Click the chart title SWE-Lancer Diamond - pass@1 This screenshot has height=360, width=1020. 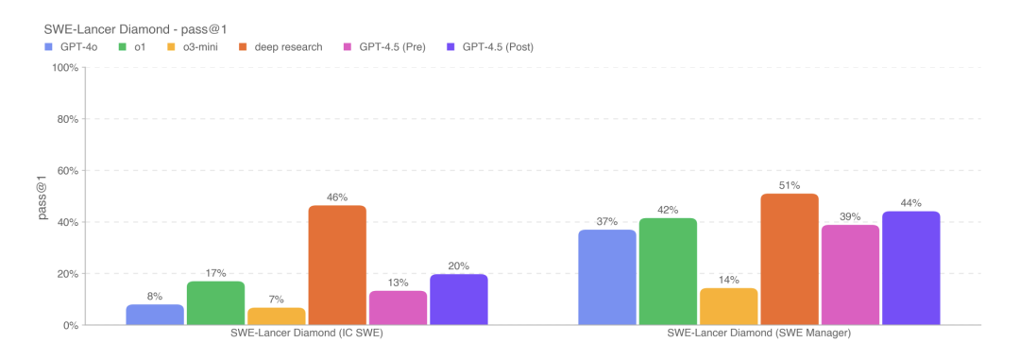click(x=135, y=29)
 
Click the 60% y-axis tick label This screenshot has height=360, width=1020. click(x=67, y=171)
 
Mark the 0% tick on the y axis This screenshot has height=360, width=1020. click(x=70, y=325)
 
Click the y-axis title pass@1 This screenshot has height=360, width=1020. click(x=43, y=196)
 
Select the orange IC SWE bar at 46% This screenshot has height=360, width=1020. click(x=337, y=266)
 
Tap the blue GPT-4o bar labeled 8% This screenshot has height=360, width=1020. click(x=155, y=315)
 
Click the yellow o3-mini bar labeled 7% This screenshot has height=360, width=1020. click(x=277, y=317)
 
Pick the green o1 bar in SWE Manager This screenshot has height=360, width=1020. click(x=668, y=272)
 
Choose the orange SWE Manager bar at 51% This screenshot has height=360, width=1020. click(x=790, y=260)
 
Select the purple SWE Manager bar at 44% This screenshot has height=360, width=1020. click(x=910, y=268)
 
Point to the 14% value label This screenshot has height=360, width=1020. click(x=728, y=281)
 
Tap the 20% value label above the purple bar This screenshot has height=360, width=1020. click(x=459, y=266)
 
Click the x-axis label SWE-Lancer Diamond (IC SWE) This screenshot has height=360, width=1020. click(x=307, y=334)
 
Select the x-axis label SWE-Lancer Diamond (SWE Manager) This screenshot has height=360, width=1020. click(x=759, y=334)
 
